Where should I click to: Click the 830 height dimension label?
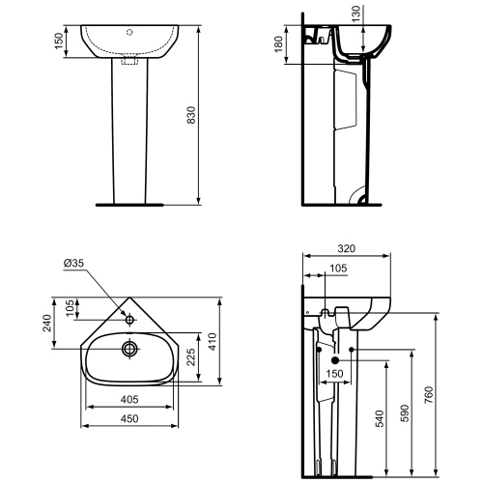tap(191, 114)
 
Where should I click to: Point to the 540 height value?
tap(378, 418)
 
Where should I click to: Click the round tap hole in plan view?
tap(128, 316)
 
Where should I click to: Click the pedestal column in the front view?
tap(128, 135)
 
